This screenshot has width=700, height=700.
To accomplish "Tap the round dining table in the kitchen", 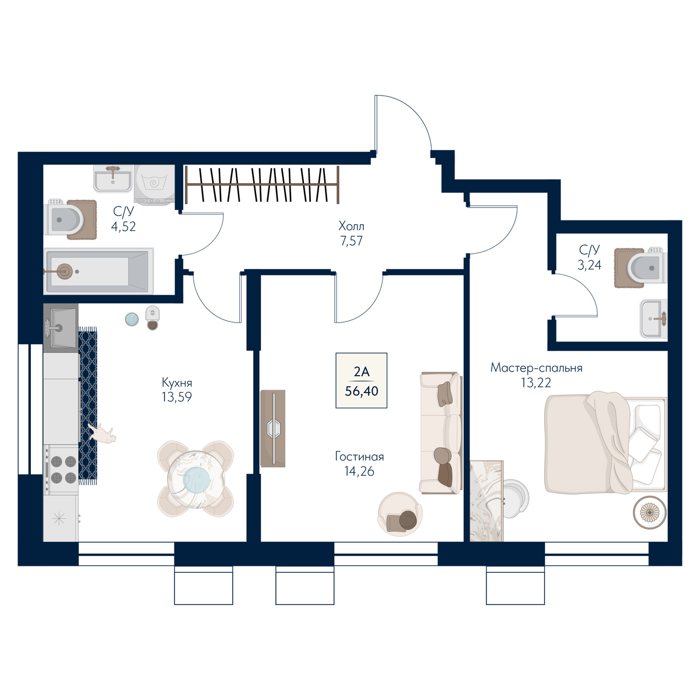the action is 196,479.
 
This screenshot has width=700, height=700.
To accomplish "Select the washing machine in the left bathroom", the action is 155,184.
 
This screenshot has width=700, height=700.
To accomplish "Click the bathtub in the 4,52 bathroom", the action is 99,271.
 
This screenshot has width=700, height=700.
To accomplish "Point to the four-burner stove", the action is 61,469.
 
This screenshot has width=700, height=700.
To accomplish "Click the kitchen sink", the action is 61,328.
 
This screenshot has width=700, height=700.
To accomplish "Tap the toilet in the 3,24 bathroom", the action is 647,267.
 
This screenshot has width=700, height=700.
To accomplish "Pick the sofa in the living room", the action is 441,432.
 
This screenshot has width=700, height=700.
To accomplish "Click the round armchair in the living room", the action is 400,514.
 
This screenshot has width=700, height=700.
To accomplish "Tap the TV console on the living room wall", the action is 273,428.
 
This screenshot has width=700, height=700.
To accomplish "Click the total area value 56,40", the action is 362,391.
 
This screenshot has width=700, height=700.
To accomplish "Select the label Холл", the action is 351,226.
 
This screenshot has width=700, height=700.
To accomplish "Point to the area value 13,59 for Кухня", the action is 177,397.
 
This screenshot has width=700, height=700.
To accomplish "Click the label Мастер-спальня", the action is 536,368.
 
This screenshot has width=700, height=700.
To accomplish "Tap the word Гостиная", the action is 359,457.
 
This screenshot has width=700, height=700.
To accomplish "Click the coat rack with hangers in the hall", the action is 262,184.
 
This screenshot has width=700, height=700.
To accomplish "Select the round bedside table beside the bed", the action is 650,512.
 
